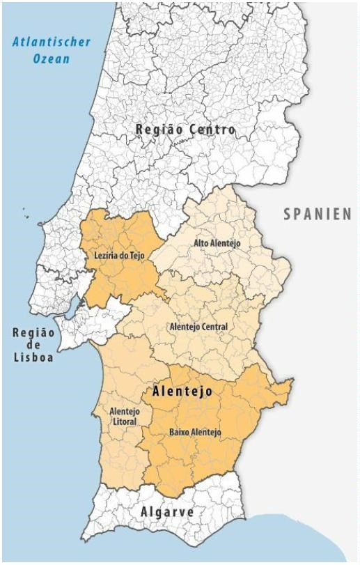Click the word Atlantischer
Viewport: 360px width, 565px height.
click(x=52, y=42)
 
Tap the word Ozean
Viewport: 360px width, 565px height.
click(x=52, y=59)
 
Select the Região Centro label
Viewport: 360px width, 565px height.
click(x=185, y=130)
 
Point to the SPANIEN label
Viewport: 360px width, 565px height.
click(x=317, y=215)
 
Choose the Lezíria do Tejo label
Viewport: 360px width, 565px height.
click(x=118, y=256)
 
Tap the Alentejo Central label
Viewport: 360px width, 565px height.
click(x=198, y=326)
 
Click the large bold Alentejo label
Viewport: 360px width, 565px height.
click(x=182, y=393)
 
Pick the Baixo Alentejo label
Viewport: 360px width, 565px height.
click(x=195, y=433)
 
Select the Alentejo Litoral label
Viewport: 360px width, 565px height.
click(x=125, y=417)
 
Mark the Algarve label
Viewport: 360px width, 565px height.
click(x=167, y=512)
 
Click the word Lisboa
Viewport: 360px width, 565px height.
click(x=33, y=359)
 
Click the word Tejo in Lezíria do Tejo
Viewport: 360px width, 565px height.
click(x=135, y=256)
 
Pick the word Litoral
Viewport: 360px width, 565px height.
click(x=124, y=423)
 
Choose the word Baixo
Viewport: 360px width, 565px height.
click(x=180, y=433)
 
